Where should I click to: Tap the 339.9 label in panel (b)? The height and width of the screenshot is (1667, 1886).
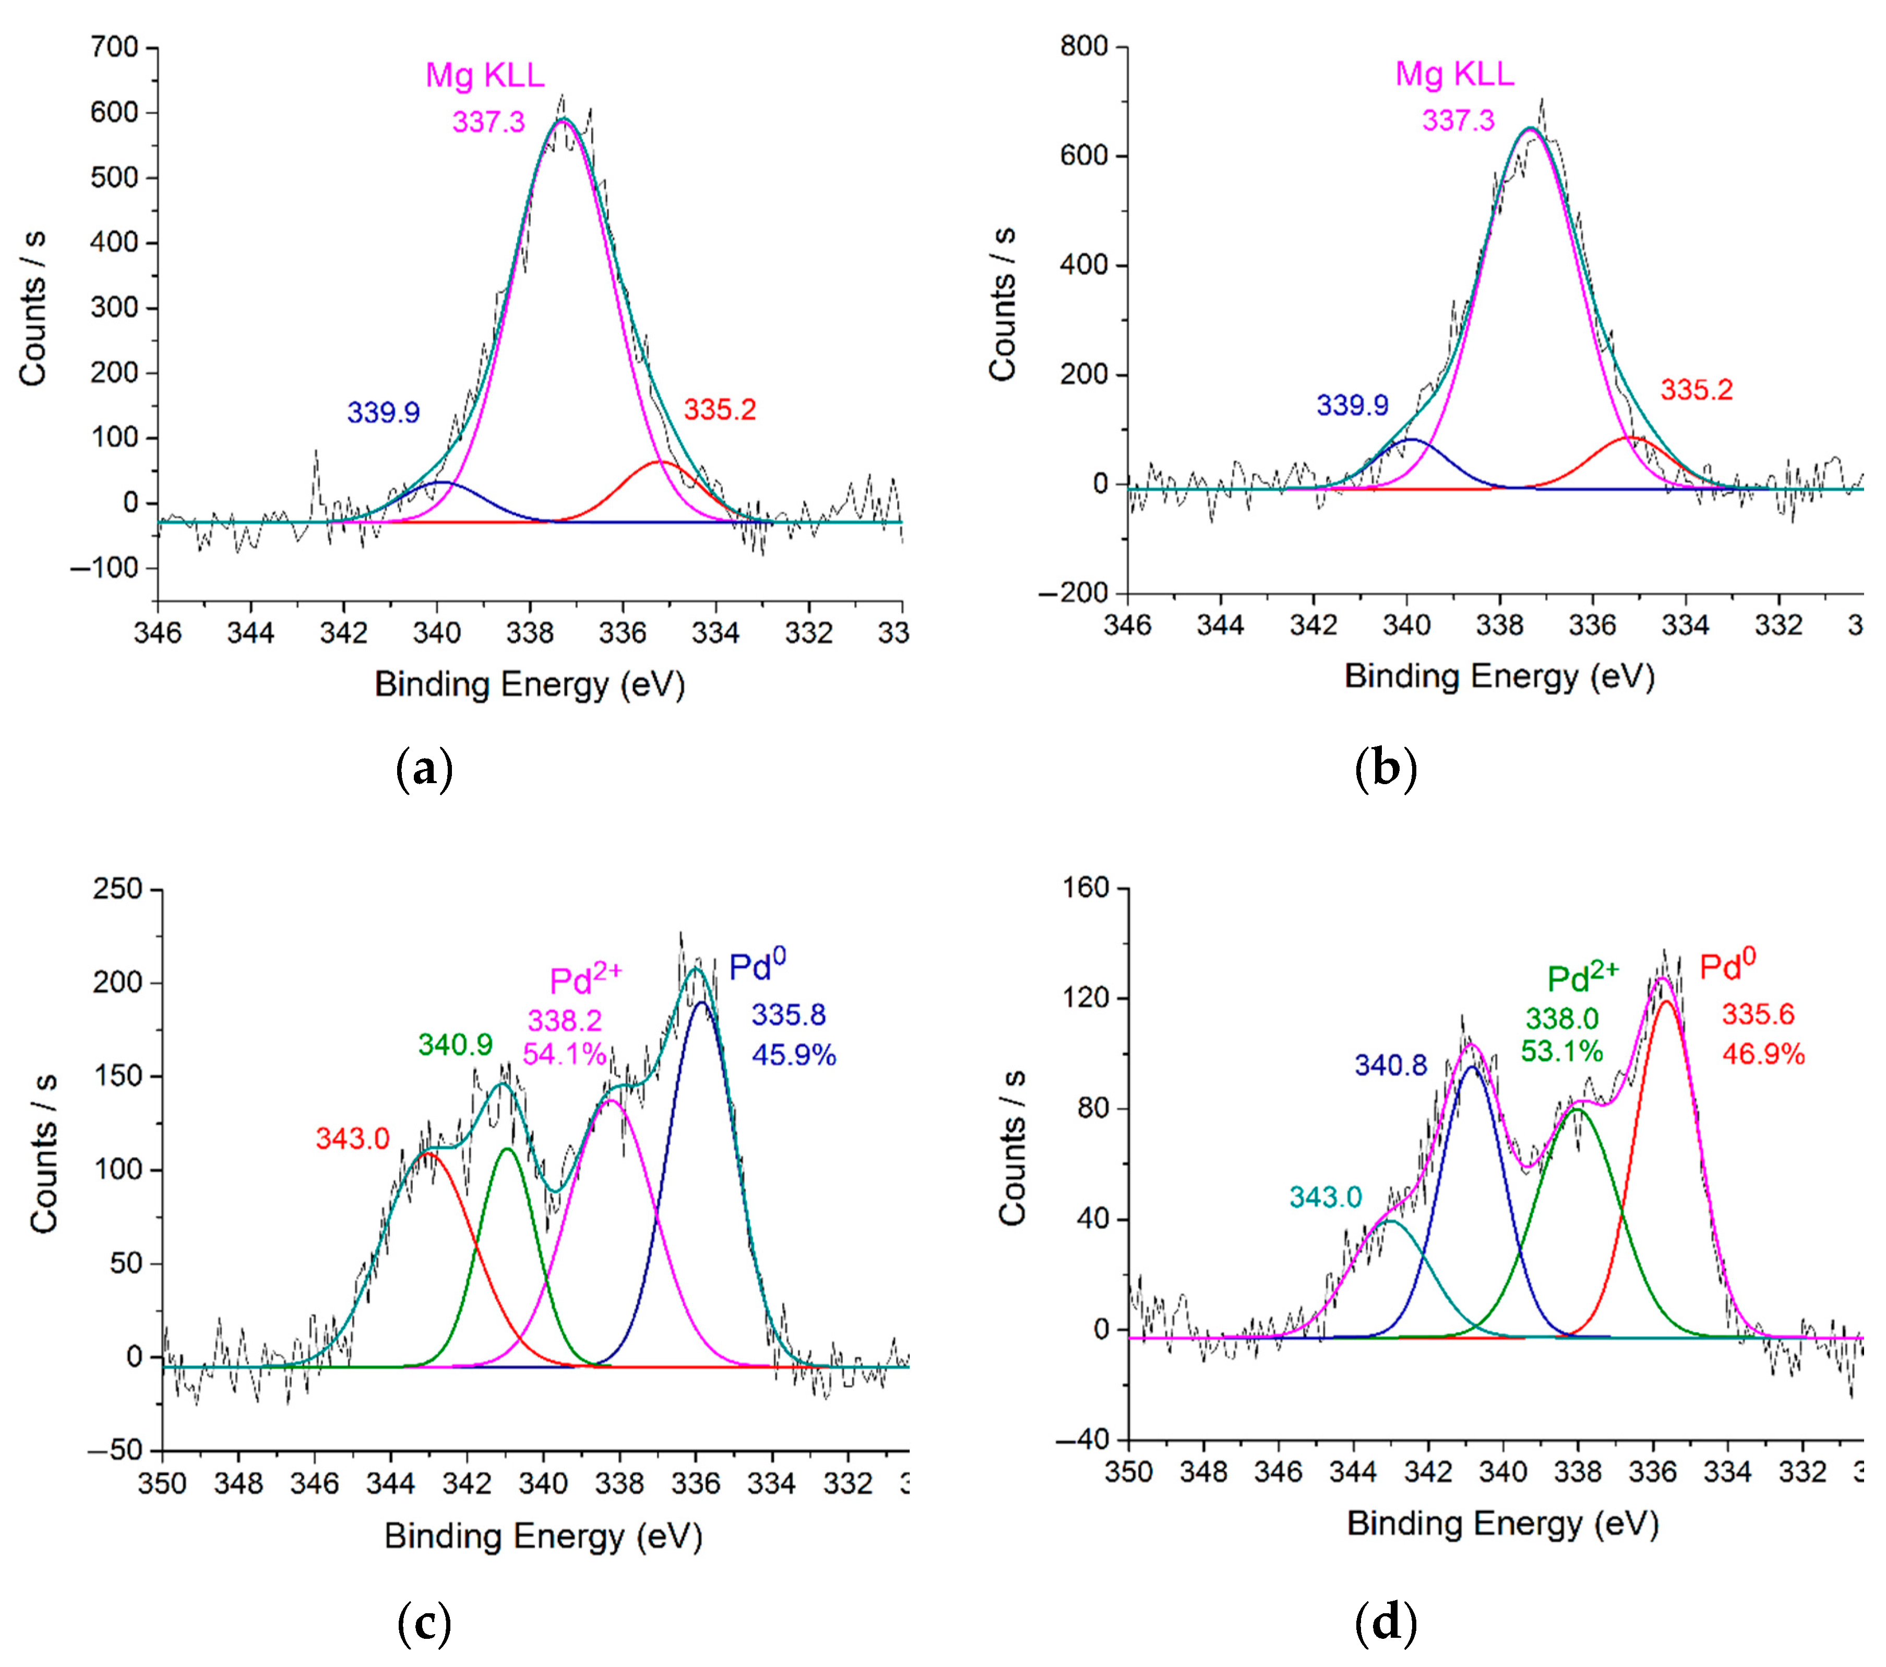[x=1352, y=405]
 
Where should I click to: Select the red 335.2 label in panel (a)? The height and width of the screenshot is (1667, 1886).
[x=720, y=410]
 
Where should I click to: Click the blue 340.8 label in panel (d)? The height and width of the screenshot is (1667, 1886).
[x=1391, y=1065]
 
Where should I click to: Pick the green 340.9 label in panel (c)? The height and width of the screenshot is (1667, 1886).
[x=455, y=1045]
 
